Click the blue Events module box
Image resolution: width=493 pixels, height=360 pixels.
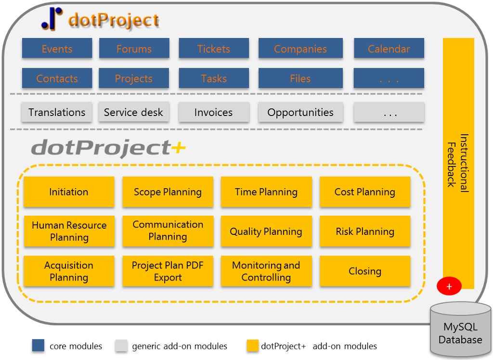pyautogui.click(x=57, y=48)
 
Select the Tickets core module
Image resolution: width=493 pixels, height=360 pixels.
pyautogui.click(x=214, y=48)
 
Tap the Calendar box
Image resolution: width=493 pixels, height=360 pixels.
pyautogui.click(x=389, y=48)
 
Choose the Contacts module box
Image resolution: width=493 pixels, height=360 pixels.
pyautogui.click(x=57, y=78)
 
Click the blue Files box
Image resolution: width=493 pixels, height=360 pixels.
pyautogui.click(x=300, y=78)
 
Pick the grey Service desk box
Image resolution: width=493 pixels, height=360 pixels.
pyautogui.click(x=134, y=112)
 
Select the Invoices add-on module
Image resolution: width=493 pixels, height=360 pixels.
pyautogui.click(x=214, y=112)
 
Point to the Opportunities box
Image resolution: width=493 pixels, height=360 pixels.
pyautogui.click(x=300, y=112)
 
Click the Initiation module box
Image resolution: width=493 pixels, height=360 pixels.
pyautogui.click(x=69, y=192)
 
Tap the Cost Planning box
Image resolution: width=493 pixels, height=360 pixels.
pyautogui.click(x=365, y=192)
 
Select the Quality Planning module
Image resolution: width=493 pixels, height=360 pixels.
pyautogui.click(x=266, y=231)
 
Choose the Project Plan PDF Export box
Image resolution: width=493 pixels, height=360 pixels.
pyautogui.click(x=168, y=271)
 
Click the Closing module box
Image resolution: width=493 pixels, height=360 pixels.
pyautogui.click(x=365, y=271)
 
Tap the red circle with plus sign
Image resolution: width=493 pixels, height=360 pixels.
pyautogui.click(x=449, y=286)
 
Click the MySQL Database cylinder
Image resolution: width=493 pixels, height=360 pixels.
pyautogui.click(x=460, y=330)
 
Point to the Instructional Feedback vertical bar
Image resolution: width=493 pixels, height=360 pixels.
pyautogui.click(x=458, y=163)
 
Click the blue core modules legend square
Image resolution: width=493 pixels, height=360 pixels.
pyautogui.click(x=38, y=346)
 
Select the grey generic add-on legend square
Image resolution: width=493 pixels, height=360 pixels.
pyautogui.click(x=121, y=346)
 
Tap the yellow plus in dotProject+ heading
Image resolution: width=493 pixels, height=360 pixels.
pyautogui.click(x=179, y=148)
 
